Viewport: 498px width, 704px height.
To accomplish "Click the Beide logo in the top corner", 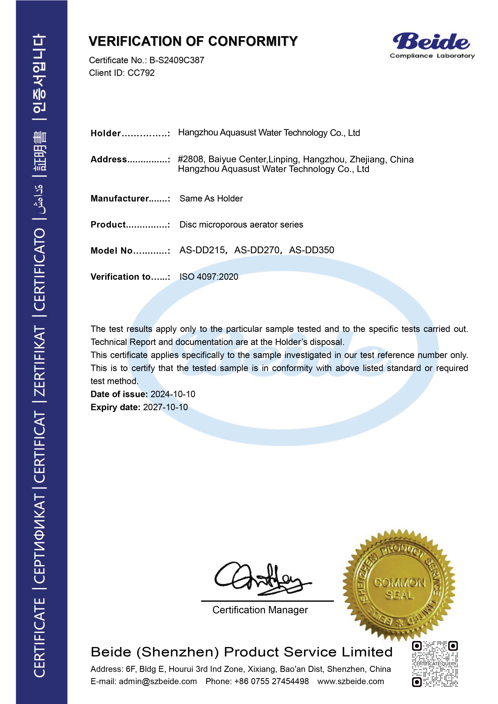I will [x=432, y=45].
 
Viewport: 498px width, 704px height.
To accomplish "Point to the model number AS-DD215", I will [x=202, y=250].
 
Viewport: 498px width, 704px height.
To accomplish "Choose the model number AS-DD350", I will [x=311, y=250].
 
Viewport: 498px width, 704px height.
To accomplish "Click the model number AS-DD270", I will [x=257, y=250].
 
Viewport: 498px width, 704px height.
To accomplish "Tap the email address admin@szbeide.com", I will [x=158, y=681].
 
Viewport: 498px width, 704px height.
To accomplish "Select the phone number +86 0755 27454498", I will [x=271, y=681].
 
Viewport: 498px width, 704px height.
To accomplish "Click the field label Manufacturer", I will [x=120, y=198].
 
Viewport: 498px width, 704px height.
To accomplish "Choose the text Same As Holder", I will [x=211, y=198].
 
